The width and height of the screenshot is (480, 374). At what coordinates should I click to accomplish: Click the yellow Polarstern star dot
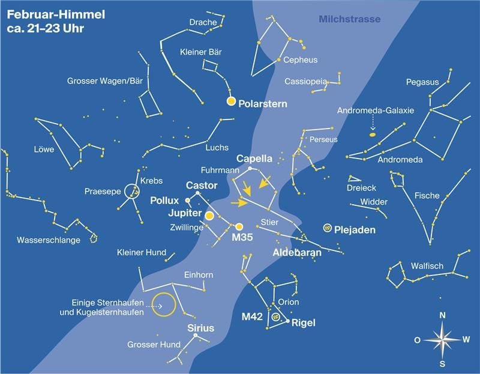(231, 101)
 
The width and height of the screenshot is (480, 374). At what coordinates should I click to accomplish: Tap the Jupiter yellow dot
(209, 216)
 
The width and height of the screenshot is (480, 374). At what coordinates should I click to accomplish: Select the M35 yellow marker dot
(239, 227)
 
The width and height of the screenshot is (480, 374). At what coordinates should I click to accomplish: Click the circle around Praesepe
(131, 192)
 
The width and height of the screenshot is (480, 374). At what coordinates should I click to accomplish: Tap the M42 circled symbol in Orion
(276, 317)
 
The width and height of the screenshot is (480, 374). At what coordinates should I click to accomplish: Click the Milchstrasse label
(349, 19)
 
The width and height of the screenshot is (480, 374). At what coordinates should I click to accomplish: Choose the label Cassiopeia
(306, 81)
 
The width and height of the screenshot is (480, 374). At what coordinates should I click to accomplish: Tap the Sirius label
(200, 328)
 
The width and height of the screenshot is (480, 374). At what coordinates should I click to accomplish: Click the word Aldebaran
(297, 253)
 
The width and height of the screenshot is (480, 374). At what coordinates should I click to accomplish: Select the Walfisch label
(427, 265)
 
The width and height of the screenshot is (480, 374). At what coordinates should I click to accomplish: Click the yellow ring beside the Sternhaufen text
(163, 304)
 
